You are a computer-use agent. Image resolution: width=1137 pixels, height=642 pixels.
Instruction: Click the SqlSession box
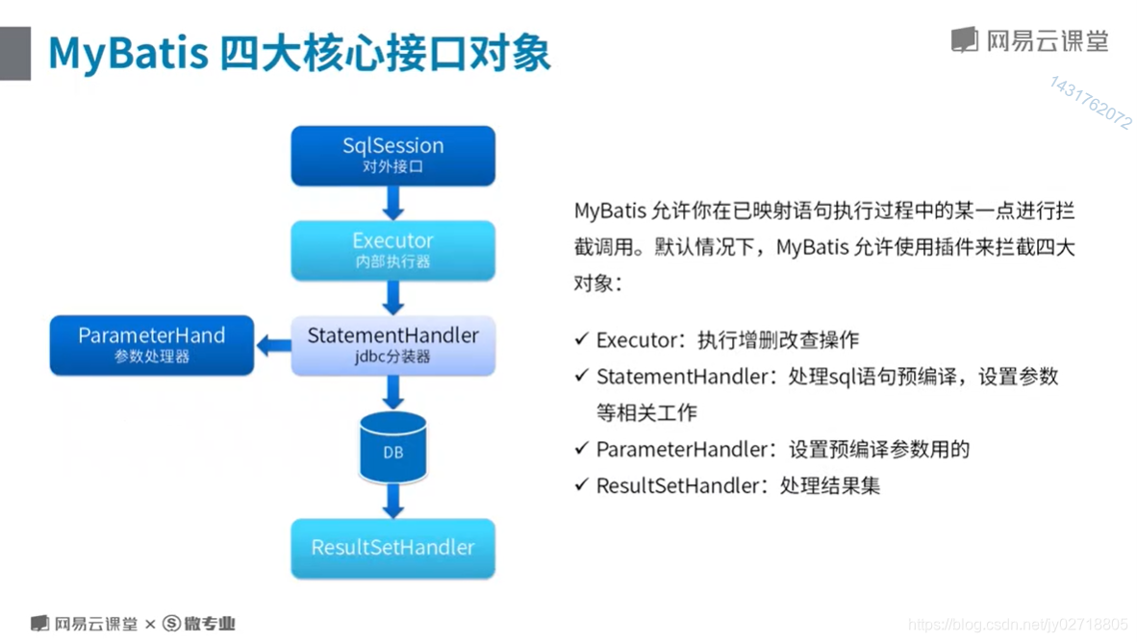point(392,155)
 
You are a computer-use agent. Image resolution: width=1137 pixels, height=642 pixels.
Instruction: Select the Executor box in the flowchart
point(392,250)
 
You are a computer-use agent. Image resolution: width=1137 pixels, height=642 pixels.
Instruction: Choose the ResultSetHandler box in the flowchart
point(392,548)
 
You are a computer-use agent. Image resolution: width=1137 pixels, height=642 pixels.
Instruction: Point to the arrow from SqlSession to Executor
point(392,202)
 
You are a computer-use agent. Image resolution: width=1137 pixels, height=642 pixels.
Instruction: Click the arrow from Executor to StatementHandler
point(392,298)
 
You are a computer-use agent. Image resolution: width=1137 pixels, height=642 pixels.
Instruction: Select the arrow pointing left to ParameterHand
point(274,343)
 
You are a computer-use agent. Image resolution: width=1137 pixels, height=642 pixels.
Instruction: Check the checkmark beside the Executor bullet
point(581,339)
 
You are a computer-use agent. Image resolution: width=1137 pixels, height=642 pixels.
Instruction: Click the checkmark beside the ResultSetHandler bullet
point(581,484)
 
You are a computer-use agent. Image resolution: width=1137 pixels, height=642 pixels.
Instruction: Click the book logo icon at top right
point(964,40)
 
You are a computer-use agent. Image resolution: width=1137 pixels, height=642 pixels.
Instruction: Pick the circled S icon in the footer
point(171,624)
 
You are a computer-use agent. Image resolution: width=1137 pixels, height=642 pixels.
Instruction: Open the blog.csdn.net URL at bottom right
point(1018,626)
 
